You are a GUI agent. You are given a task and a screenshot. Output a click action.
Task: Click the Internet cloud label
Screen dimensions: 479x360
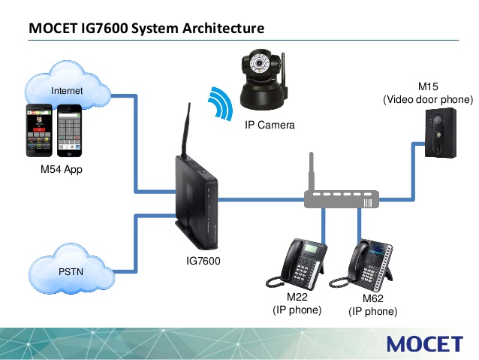tap(67, 90)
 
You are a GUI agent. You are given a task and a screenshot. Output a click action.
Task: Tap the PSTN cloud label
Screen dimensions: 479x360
tap(71, 271)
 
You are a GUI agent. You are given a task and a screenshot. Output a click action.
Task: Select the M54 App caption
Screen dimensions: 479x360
tap(62, 169)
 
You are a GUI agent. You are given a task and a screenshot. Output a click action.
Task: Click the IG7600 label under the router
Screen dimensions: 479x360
tap(203, 261)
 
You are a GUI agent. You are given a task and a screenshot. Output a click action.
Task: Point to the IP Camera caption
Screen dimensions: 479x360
tap(270, 125)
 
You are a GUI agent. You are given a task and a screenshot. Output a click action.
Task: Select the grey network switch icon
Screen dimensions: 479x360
tap(342, 189)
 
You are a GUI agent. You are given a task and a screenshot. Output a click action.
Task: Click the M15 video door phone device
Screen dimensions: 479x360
tap(441, 133)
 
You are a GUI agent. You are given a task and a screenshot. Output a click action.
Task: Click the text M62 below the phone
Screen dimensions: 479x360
tap(372, 298)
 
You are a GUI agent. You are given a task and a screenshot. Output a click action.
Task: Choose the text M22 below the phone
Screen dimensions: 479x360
tap(297, 297)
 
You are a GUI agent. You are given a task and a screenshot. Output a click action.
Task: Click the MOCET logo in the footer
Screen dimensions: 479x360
tap(425, 343)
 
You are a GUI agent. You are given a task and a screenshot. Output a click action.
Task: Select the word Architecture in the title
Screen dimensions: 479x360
tap(223, 28)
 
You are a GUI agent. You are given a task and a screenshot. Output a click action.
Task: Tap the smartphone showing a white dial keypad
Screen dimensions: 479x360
tap(69, 131)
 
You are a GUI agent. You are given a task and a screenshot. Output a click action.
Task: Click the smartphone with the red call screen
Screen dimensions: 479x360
tap(39, 130)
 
